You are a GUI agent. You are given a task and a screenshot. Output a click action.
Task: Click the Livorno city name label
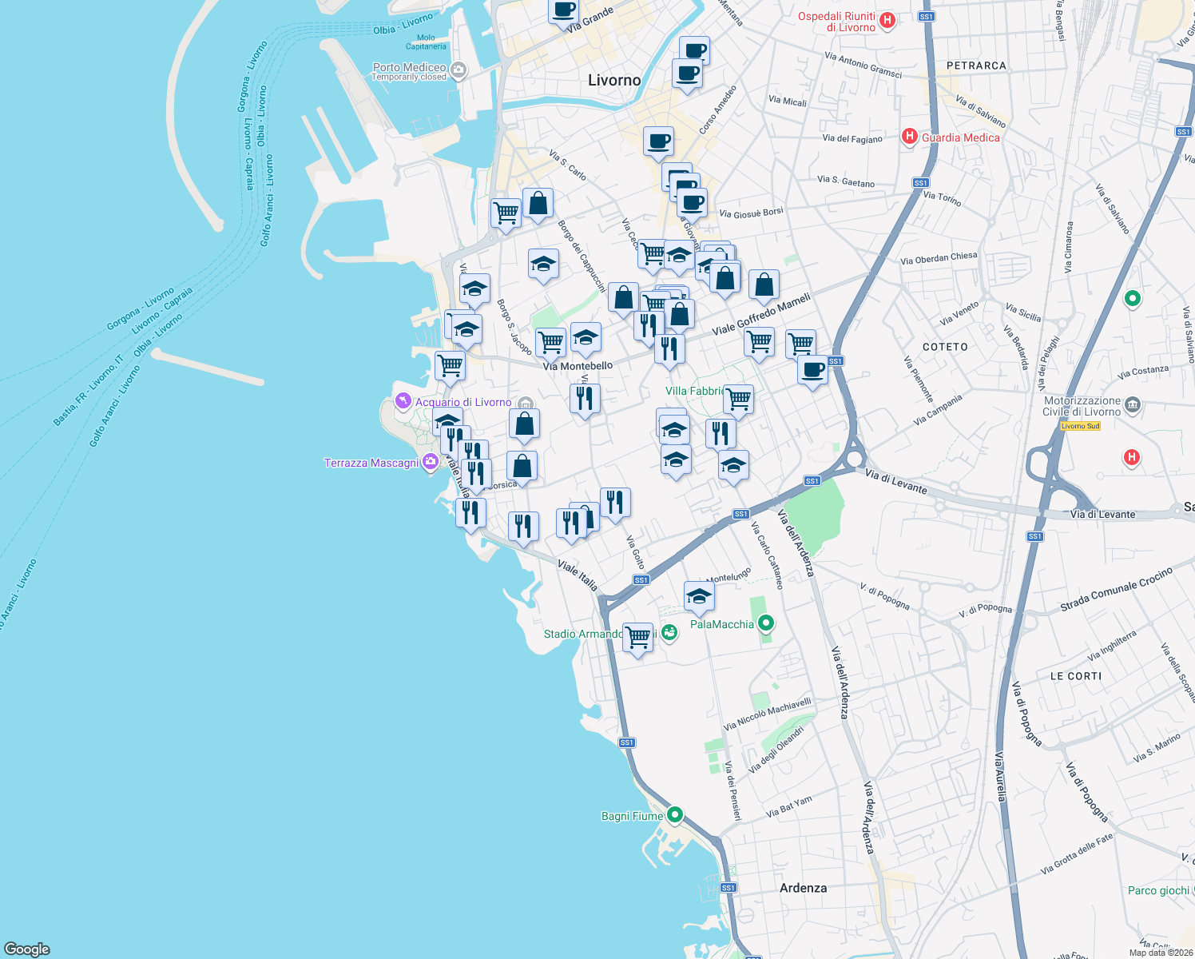613,80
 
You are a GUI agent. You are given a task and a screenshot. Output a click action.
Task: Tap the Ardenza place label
803,888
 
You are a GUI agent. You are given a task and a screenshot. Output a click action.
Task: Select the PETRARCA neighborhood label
976,66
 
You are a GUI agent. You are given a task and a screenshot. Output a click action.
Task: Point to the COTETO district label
945,347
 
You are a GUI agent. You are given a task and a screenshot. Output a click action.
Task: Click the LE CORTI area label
1075,676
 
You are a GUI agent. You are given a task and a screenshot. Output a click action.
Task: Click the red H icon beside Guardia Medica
909,137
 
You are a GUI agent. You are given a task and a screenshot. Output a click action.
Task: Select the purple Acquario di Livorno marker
403,400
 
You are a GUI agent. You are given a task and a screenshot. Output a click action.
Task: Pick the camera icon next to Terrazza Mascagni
431,462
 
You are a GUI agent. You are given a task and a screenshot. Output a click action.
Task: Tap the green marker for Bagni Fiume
675,815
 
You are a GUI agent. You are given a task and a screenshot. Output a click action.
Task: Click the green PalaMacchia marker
766,623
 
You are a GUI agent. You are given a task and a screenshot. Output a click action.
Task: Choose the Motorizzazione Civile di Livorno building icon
1133,406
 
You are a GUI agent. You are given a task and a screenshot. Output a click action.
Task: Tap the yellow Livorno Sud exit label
1080,426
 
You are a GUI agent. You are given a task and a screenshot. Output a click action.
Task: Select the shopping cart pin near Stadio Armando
637,638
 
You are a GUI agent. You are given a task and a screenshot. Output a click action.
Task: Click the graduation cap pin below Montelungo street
699,595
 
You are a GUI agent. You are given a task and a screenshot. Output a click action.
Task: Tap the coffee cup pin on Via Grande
563,10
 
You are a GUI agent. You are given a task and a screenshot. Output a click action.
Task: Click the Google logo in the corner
27,949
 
